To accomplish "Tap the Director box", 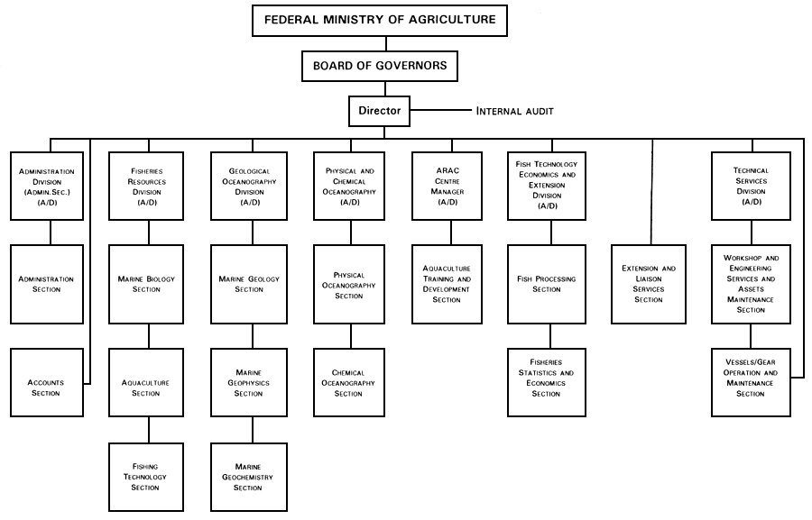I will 380,112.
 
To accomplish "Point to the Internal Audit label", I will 514,112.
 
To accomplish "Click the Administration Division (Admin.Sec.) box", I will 47,187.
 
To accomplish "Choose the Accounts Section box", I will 47,387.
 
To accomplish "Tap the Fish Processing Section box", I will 547,284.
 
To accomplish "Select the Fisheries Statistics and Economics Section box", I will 546,383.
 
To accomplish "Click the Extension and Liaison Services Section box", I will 648,284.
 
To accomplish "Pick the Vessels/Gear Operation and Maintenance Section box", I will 751,383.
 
